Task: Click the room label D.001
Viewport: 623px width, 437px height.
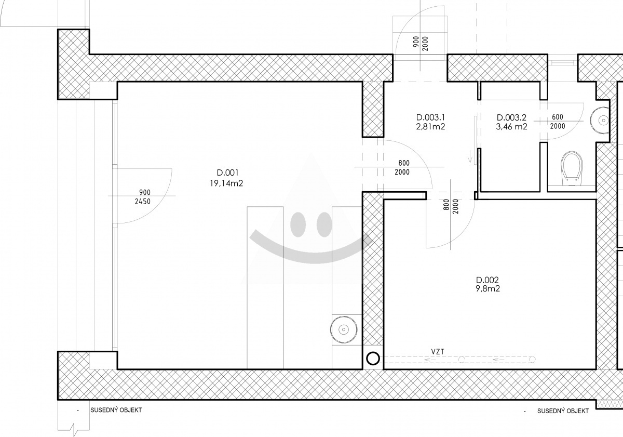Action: click(x=227, y=173)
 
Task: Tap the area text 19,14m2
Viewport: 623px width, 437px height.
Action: click(x=226, y=183)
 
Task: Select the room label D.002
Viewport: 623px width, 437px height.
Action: click(x=487, y=280)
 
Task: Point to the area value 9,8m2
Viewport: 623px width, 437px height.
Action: click(x=487, y=288)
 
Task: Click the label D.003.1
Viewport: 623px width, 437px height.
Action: click(x=430, y=117)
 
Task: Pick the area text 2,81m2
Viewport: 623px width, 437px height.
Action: click(x=430, y=127)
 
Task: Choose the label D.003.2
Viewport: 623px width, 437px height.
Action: click(x=511, y=117)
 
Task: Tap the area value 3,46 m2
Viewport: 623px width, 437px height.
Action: click(x=511, y=127)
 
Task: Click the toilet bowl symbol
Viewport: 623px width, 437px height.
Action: click(x=572, y=168)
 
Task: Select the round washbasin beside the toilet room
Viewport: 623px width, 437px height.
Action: click(x=600, y=121)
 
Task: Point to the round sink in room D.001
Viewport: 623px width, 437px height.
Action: click(x=344, y=329)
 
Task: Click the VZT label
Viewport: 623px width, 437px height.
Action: click(x=438, y=352)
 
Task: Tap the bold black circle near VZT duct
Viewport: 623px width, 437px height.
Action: click(x=373, y=358)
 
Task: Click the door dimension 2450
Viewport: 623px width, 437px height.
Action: click(x=143, y=201)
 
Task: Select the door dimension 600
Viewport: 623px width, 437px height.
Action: click(x=558, y=117)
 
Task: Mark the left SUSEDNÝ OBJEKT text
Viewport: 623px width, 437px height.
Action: click(x=116, y=410)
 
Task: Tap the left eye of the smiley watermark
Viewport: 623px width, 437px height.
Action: click(x=298, y=224)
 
